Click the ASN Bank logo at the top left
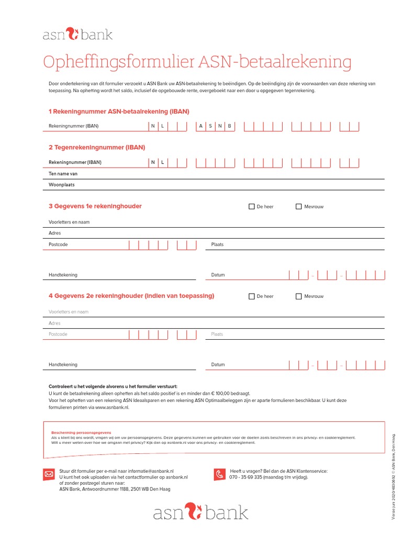point(77,35)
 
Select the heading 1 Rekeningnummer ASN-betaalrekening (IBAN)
point(119,111)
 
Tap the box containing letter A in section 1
point(200,126)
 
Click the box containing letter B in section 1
point(229,126)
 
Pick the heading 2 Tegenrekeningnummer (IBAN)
point(97,148)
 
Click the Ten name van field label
point(63,173)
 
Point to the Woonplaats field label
point(62,185)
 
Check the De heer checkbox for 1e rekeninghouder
point(252,207)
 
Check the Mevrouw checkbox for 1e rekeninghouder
point(299,207)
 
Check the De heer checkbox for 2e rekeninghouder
point(252,296)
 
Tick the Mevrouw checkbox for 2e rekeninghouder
point(299,296)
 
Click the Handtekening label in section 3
point(63,275)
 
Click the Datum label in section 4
point(218,365)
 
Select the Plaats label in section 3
point(217,244)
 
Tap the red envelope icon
point(49,474)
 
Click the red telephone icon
point(220,474)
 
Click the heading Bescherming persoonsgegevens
point(81,433)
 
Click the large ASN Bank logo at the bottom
point(200,512)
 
